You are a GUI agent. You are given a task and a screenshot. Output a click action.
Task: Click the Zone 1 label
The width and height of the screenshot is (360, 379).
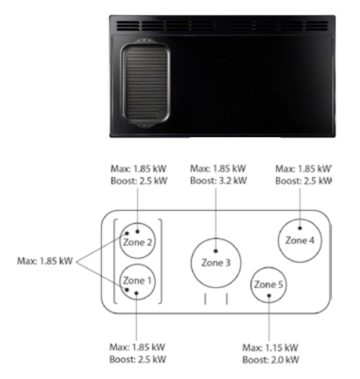tap(137, 281)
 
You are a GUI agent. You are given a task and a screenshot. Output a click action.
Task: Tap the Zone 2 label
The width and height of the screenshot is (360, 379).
tap(137, 242)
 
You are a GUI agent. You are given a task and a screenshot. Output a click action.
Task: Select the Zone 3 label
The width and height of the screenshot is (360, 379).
tap(216, 263)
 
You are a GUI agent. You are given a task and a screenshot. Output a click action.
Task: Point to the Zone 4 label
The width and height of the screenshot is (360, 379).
tap(300, 241)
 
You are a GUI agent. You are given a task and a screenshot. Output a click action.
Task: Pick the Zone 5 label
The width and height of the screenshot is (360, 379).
tap(269, 285)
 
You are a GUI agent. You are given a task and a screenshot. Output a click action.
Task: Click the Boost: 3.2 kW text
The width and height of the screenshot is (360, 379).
tap(219, 181)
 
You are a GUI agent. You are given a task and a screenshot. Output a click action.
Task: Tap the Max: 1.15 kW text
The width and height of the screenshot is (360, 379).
tap(270, 348)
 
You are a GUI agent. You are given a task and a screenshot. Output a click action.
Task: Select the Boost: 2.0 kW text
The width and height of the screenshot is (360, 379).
tap(271, 360)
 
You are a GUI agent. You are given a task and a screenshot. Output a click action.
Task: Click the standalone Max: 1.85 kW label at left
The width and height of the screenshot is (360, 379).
tap(45, 261)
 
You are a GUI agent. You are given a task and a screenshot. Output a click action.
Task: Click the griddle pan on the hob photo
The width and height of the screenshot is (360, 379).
tap(145, 83)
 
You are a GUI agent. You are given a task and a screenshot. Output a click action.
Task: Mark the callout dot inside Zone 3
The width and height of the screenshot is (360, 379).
tap(216, 251)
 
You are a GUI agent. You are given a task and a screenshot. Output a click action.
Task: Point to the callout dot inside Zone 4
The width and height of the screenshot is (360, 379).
tap(300, 228)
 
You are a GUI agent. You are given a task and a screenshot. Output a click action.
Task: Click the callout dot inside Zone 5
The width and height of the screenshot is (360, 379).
tap(269, 295)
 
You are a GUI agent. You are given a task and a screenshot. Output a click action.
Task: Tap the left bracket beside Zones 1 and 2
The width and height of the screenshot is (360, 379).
tap(115, 261)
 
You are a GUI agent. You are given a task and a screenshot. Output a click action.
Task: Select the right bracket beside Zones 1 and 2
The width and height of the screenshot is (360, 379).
tap(161, 261)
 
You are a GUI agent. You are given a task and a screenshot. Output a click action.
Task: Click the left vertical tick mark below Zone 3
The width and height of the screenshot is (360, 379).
tap(205, 299)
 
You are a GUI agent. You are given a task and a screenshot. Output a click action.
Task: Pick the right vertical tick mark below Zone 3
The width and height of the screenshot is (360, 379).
tap(226, 299)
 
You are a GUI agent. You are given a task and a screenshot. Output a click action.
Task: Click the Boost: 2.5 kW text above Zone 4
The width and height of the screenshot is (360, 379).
tap(303, 181)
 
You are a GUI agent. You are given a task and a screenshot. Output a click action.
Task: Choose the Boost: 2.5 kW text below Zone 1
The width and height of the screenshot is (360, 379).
tap(138, 359)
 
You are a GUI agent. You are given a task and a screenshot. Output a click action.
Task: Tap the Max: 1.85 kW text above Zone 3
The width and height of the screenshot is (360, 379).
tap(218, 169)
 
